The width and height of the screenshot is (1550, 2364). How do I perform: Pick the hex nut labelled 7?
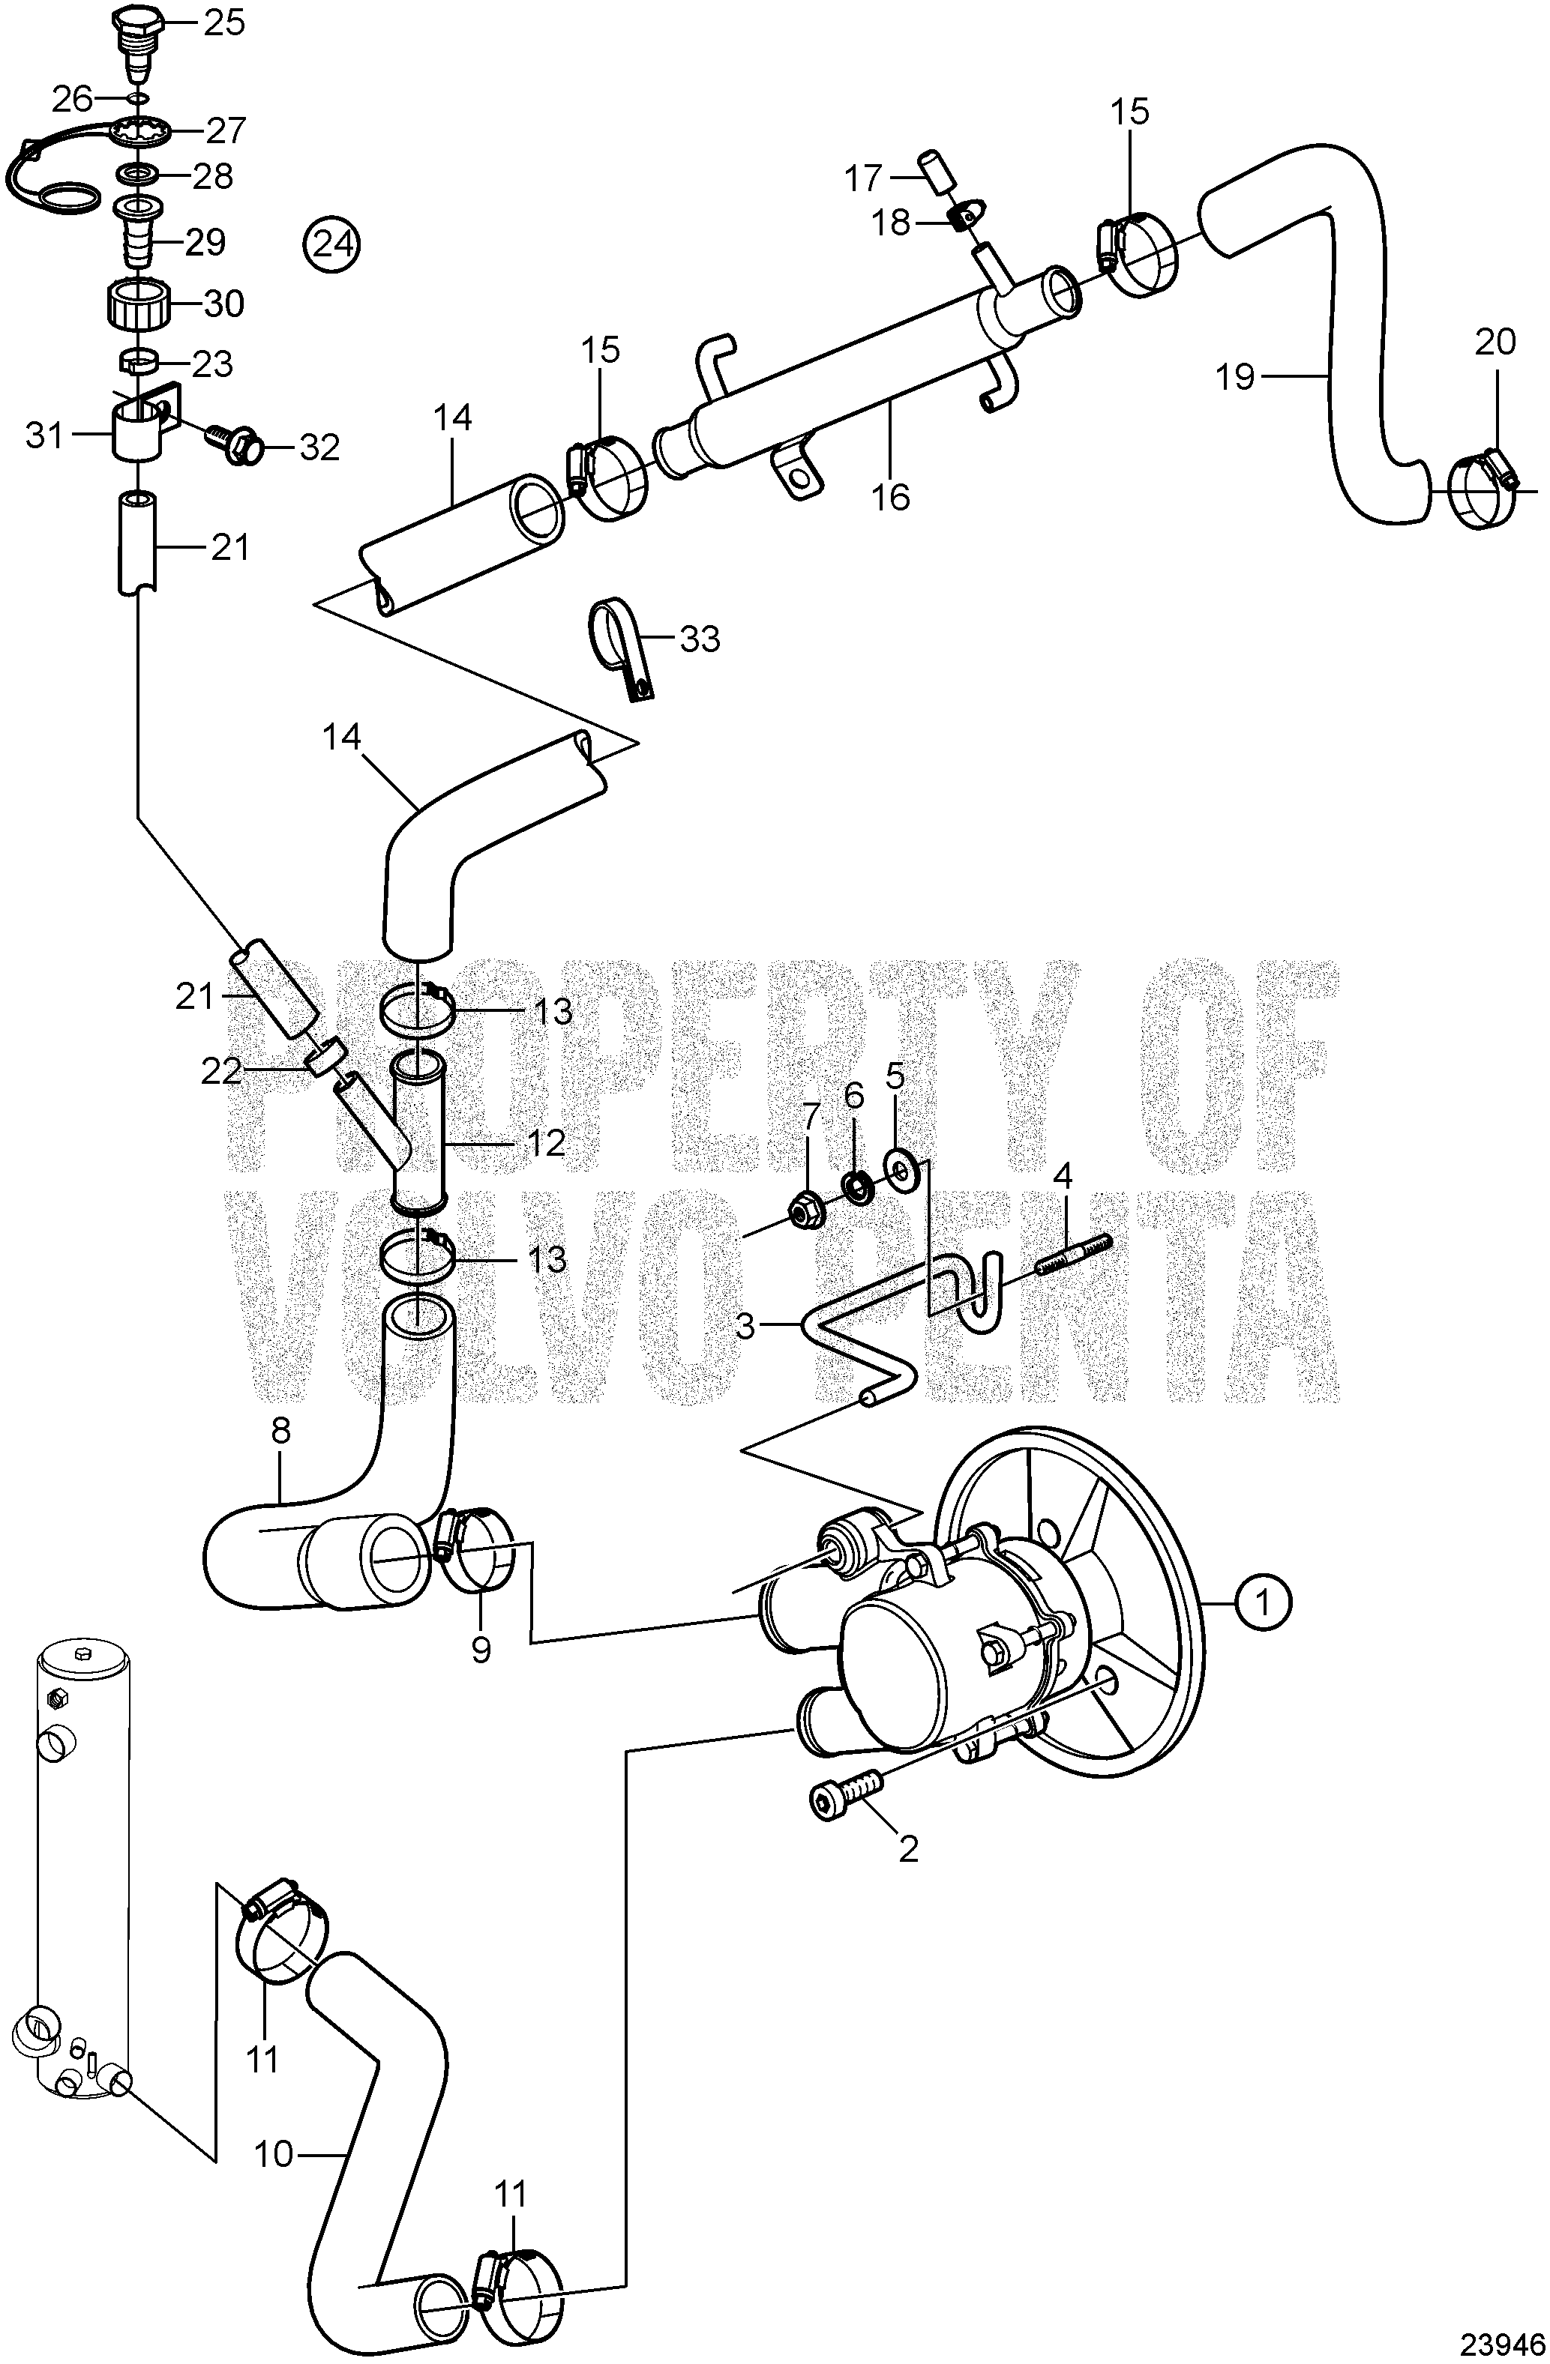(804, 1212)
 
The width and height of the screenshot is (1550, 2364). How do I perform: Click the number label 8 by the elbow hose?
(281, 1432)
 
